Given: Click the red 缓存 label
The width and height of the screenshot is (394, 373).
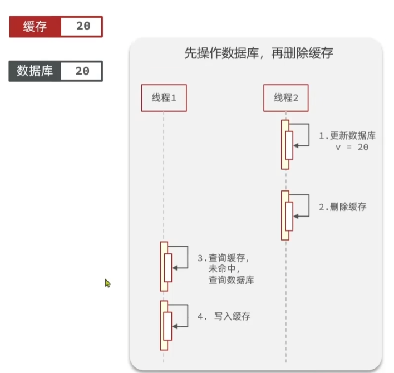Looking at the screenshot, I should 35,27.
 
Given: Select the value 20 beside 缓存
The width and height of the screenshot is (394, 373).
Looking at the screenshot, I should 82,27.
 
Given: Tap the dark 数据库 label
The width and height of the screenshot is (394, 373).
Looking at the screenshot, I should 35,71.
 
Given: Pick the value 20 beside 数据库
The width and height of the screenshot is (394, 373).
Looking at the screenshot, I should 82,71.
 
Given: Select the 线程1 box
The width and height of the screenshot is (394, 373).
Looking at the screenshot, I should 164,98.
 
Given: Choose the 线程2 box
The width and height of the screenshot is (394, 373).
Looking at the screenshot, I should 286,98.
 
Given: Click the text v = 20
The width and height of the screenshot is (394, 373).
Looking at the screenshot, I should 351,148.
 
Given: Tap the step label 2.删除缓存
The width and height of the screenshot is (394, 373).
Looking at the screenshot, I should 342,207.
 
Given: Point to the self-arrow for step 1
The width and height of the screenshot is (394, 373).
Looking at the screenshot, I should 301,135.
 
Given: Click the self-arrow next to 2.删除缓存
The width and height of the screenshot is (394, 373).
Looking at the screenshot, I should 301,205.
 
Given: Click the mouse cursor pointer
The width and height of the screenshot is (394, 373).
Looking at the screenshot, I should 107,283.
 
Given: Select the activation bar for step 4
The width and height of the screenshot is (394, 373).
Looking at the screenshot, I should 164,325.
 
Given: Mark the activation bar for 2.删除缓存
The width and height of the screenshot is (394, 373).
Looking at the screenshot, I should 285,215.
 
